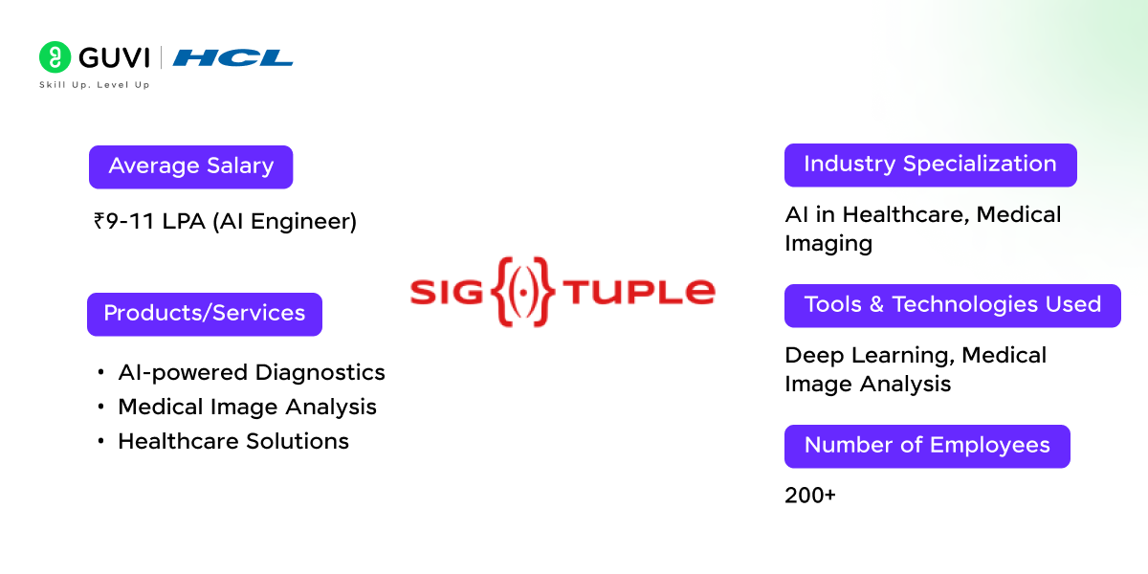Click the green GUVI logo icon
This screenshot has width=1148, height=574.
coord(55,57)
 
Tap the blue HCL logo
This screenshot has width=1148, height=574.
coord(232,58)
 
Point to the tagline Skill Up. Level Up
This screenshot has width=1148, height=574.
coord(94,85)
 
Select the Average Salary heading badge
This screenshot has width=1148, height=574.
coord(190,166)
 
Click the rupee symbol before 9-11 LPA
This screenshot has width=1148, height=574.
coord(99,222)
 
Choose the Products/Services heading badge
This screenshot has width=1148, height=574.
coord(204,314)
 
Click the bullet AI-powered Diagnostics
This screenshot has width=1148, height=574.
coord(251,372)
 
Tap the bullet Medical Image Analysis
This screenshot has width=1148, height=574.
coord(247,407)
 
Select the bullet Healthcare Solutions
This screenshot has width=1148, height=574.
coord(232,441)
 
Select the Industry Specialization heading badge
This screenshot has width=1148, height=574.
coord(930,165)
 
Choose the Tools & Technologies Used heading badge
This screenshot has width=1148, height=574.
coord(952,305)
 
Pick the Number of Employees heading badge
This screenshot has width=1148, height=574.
coord(926,446)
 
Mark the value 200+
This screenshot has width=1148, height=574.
coord(809,496)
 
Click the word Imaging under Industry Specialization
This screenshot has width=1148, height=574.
coord(828,243)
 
